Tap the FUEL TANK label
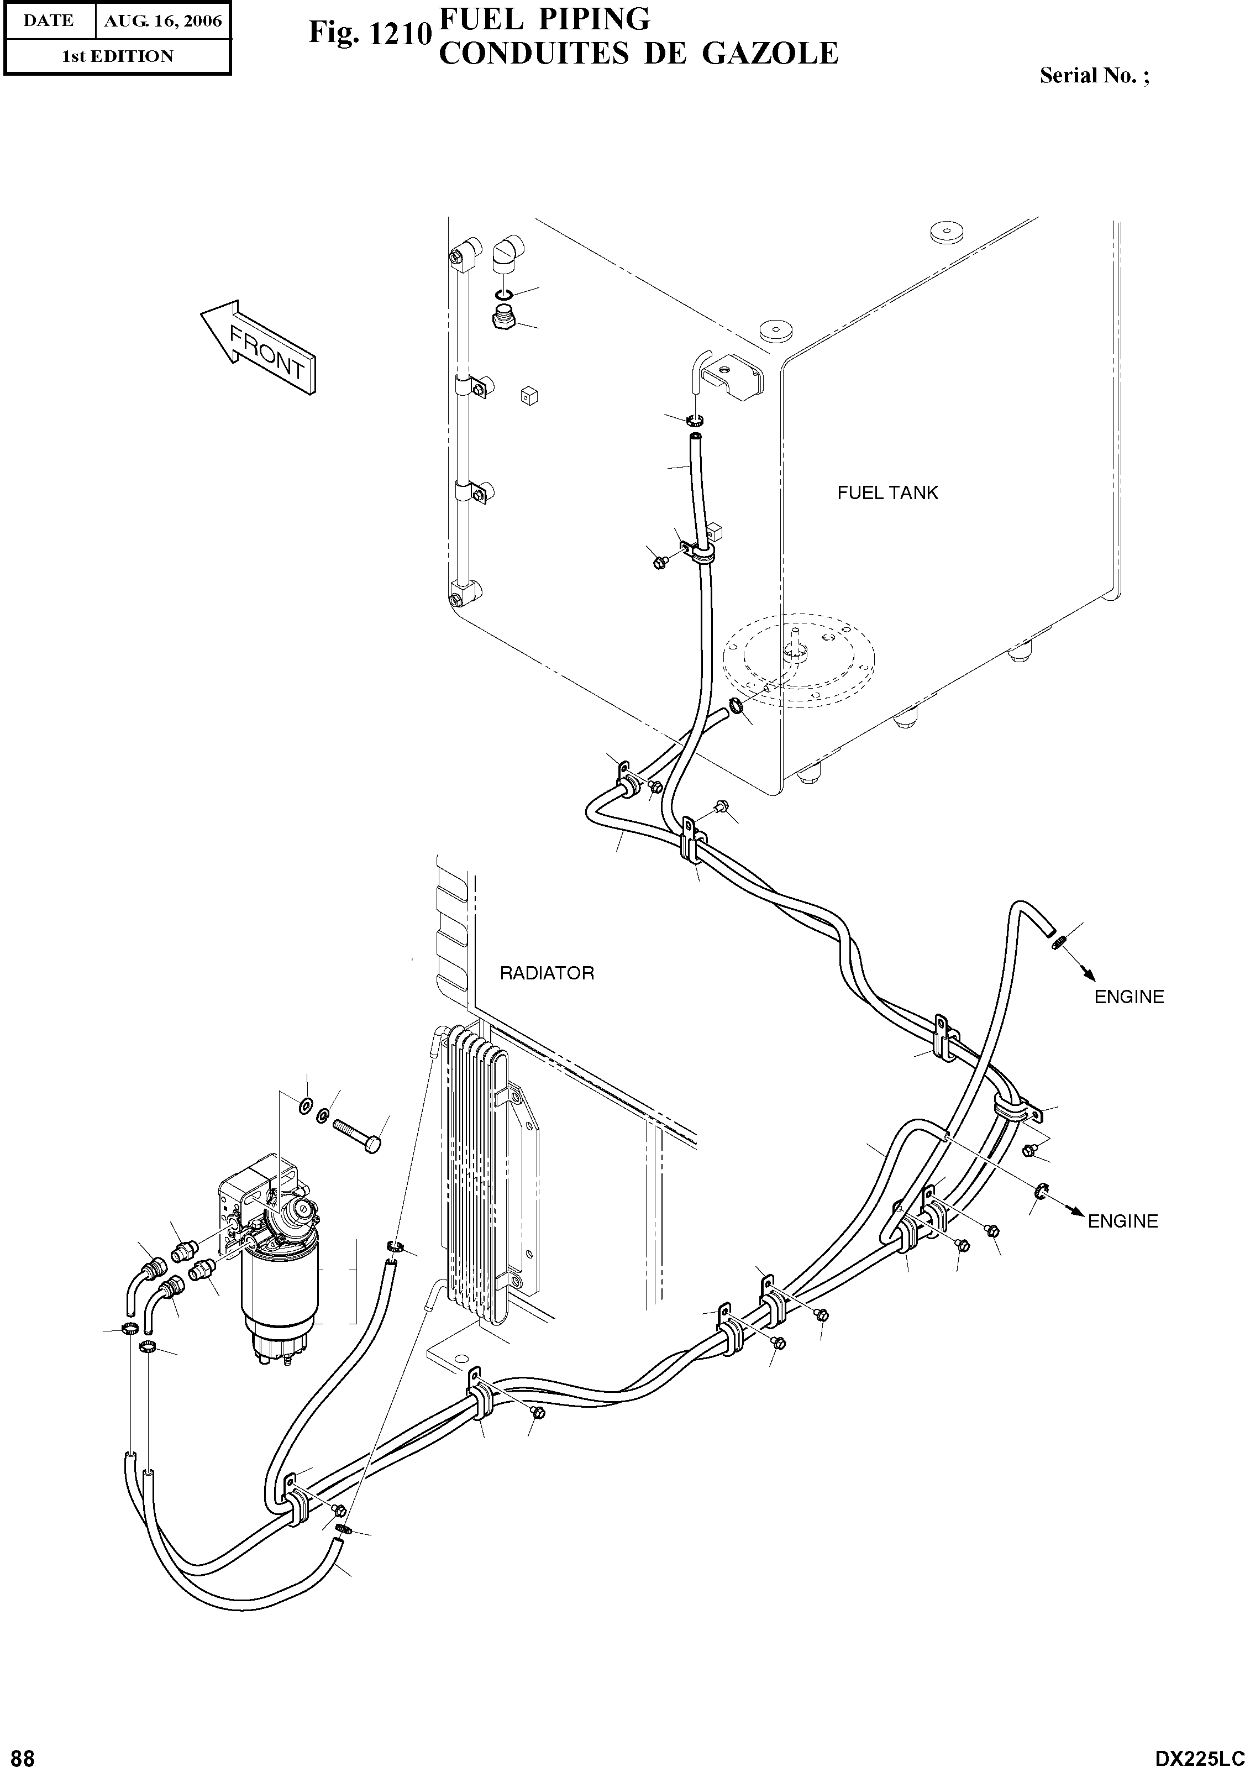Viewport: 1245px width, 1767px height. [x=887, y=492]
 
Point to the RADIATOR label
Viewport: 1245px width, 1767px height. [x=547, y=973]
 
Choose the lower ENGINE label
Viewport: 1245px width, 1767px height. [x=1122, y=1221]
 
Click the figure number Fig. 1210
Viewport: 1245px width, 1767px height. [x=368, y=33]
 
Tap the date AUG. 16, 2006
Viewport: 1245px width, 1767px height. [x=162, y=21]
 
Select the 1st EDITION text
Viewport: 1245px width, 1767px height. [x=117, y=56]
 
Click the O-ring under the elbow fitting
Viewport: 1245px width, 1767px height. [x=504, y=296]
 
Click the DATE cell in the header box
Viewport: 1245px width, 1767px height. [x=48, y=21]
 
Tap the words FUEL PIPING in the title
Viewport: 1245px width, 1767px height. [x=543, y=18]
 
